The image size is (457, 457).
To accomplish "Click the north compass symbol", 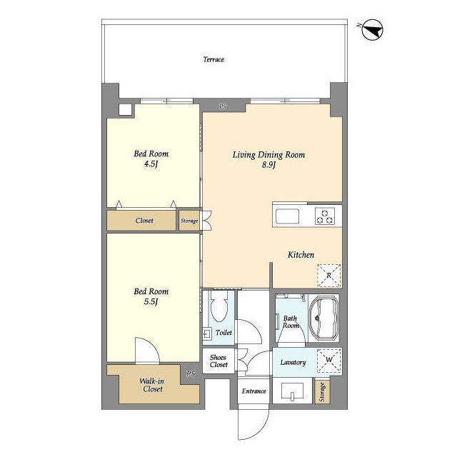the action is (x=372, y=30).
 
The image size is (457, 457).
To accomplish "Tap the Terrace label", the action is (x=214, y=59).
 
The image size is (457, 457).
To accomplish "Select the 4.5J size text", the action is (x=151, y=164).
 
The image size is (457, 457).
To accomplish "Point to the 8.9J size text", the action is (x=268, y=165).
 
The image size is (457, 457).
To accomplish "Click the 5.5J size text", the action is (x=151, y=301).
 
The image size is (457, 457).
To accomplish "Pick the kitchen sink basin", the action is (x=287, y=216).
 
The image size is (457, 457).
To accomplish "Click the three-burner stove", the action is (x=325, y=216).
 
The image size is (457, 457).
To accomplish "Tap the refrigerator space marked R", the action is (x=328, y=276).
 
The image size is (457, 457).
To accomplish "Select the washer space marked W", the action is (x=329, y=360).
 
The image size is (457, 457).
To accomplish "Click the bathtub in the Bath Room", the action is (x=323, y=318).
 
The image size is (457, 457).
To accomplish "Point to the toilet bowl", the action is (x=219, y=306).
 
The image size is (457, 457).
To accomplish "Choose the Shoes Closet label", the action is (x=219, y=361).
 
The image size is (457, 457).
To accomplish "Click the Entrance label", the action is (x=254, y=391).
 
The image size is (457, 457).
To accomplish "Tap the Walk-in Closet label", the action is (x=152, y=385).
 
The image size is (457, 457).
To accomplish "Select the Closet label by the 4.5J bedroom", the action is (x=144, y=221).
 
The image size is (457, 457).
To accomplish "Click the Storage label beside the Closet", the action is (x=189, y=221).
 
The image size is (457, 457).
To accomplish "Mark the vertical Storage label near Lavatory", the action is (x=322, y=392).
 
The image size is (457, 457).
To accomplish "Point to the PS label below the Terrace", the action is (x=222, y=106).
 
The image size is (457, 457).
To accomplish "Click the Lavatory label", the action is (x=293, y=363).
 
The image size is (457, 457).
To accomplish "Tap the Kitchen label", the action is (x=301, y=255).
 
